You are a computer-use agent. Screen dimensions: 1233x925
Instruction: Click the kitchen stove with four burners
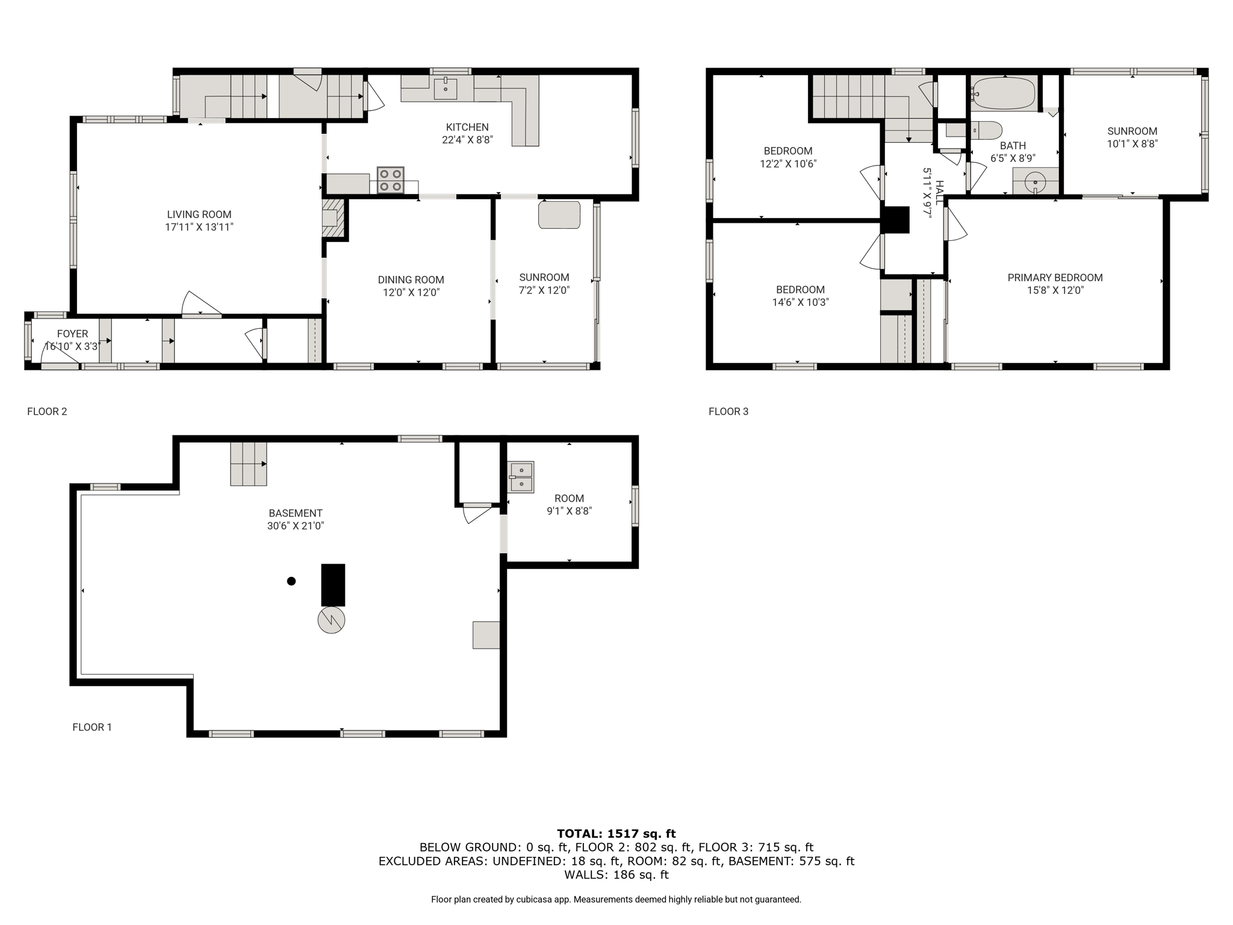tap(391, 180)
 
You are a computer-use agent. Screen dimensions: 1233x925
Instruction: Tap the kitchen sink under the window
tap(446, 87)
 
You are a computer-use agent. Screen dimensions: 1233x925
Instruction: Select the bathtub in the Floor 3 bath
tap(1003, 93)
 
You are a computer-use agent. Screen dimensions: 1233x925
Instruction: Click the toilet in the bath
tap(985, 130)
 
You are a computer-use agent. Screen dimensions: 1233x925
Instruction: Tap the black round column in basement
tap(291, 581)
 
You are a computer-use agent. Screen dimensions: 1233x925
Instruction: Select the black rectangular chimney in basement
tap(333, 585)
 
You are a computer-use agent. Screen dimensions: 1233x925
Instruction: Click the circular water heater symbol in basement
tap(331, 620)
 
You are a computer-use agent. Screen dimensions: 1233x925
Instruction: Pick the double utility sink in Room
tap(521, 477)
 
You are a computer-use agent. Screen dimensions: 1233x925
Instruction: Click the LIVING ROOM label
tap(199, 214)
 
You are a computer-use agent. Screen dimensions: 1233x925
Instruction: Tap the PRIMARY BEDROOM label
tap(1055, 278)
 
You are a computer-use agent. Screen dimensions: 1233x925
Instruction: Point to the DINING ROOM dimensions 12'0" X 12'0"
tap(411, 293)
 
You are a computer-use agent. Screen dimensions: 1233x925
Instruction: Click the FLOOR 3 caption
tap(728, 411)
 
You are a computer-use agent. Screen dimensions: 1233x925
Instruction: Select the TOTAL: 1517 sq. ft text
tap(616, 833)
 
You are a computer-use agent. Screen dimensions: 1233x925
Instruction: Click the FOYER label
tap(73, 334)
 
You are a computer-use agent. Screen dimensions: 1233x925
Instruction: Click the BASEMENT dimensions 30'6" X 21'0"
tap(296, 526)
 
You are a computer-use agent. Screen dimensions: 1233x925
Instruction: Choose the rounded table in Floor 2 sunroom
tap(559, 215)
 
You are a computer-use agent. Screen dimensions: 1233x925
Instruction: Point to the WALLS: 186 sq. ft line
tap(616, 875)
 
